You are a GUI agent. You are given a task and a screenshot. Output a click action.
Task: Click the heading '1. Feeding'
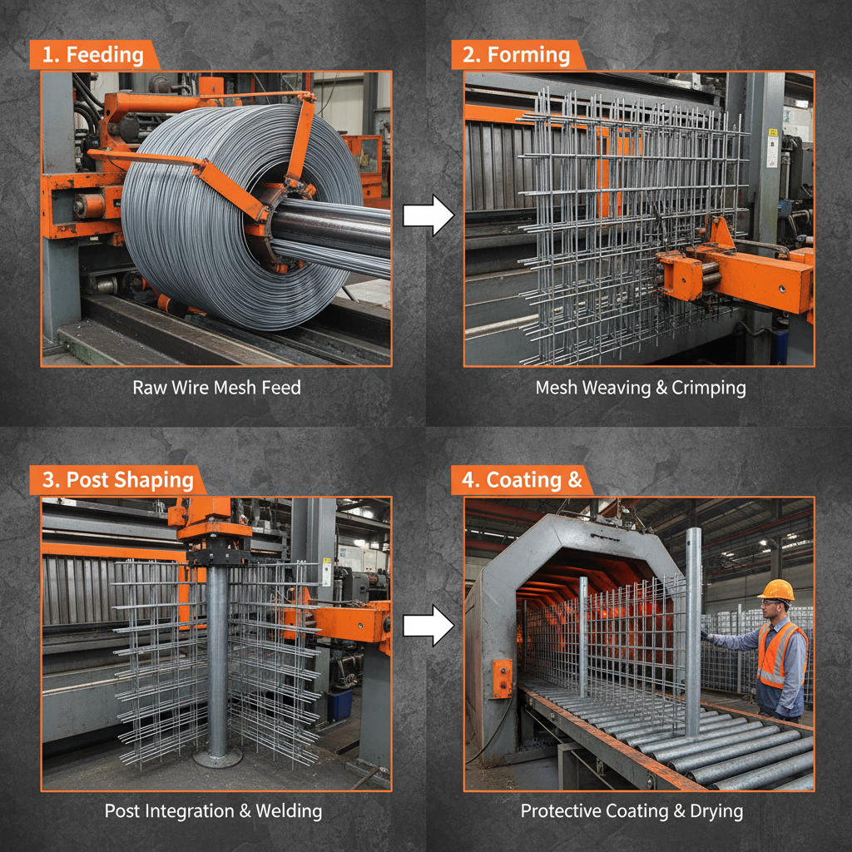pos(93,56)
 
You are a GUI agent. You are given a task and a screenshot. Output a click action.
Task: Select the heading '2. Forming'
pos(518,56)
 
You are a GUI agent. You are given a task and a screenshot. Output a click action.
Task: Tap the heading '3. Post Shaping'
pos(117,481)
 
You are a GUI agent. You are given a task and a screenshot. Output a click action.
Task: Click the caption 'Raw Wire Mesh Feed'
pos(216,388)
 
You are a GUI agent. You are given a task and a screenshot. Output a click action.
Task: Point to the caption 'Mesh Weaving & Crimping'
pos(640,388)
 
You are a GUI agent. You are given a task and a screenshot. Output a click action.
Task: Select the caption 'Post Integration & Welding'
pos(213,810)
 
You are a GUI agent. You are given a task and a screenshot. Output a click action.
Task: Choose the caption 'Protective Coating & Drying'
pos(632,810)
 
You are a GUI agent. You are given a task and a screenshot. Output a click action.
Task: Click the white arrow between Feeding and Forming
pos(428,215)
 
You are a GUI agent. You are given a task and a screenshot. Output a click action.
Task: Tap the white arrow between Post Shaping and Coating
pos(428,626)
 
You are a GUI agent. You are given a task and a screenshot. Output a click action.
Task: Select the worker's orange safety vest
pos(779,653)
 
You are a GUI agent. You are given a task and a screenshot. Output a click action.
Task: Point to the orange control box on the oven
pos(502,677)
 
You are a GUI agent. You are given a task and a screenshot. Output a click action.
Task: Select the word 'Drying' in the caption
pos(715,810)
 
